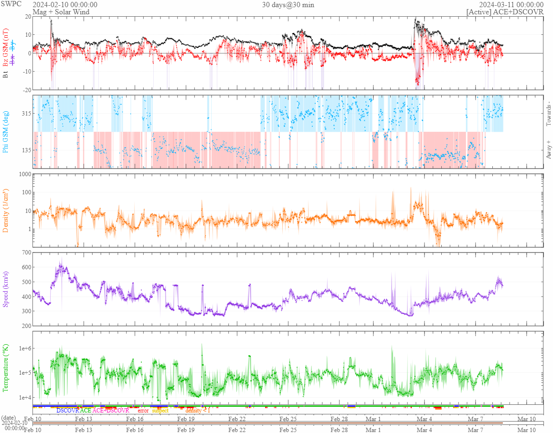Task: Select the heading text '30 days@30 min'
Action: point(288,5)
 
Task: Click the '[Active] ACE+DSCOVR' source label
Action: point(505,12)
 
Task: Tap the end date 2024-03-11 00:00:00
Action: point(511,5)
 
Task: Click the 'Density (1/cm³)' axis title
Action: point(6,211)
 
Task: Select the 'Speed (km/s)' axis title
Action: point(6,289)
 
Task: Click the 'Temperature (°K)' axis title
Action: point(6,368)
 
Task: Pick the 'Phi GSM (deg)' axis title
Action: point(6,132)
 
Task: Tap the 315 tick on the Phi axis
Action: point(25,114)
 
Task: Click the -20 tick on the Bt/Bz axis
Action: point(26,90)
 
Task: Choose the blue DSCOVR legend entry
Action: point(67,411)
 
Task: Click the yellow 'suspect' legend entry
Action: point(160,411)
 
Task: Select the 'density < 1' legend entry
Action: point(197,411)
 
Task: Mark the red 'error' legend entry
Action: point(143,411)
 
